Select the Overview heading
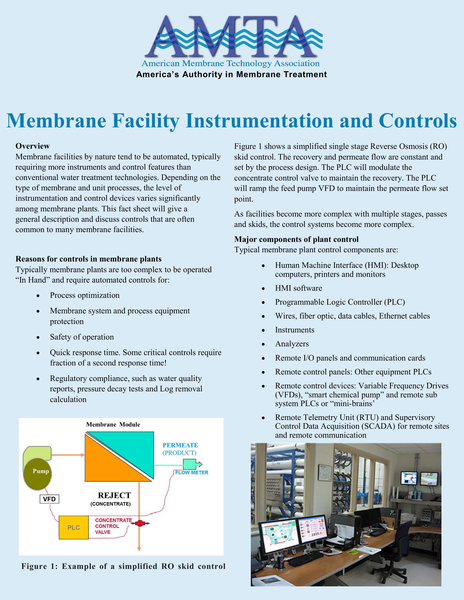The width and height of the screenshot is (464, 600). (32, 146)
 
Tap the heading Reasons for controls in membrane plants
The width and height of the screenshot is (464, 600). (88, 259)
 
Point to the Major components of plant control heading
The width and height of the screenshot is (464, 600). (296, 239)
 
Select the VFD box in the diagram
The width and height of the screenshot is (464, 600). (49, 499)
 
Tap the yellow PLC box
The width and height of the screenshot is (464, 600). (74, 527)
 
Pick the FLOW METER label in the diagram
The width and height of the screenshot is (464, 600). (192, 473)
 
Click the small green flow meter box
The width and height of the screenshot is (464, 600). (190, 464)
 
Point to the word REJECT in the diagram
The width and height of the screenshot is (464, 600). (114, 495)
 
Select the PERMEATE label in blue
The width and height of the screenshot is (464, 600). (180, 445)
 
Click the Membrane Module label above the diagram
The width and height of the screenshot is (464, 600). (113, 424)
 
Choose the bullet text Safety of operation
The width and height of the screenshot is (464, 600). (82, 337)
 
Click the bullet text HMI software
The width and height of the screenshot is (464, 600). (299, 288)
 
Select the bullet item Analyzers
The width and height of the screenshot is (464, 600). (292, 344)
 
